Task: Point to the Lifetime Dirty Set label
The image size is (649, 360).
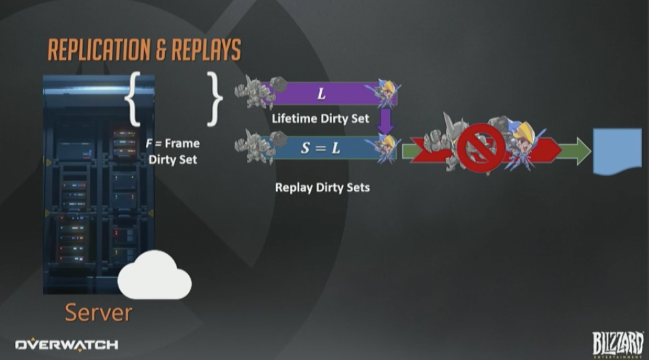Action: pos(320,119)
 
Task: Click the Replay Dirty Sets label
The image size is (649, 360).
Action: pos(322,186)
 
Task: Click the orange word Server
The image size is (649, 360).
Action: pos(98,312)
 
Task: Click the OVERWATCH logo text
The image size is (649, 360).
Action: pos(67,344)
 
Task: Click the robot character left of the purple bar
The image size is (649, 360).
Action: pos(257,91)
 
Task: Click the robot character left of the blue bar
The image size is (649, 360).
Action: pos(257,145)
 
